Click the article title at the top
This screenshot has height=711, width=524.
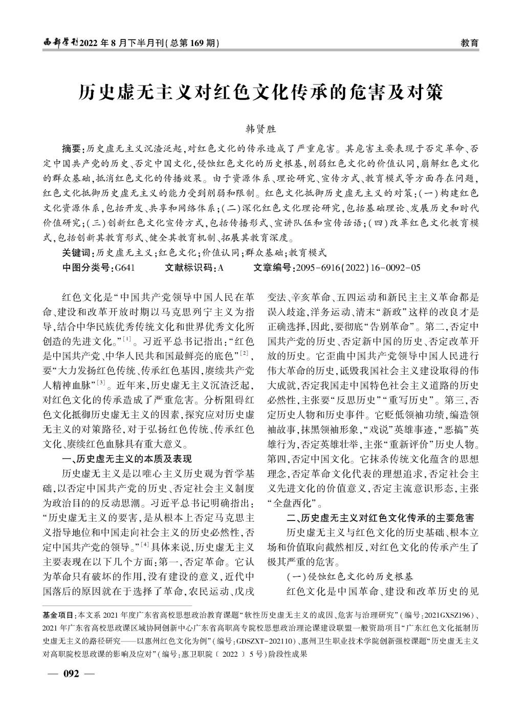pos(261,92)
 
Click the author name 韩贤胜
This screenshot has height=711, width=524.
pos(261,130)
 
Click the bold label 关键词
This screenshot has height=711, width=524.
pos(77,252)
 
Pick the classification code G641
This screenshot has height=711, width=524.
pos(125,267)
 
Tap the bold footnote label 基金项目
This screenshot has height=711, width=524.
pos(59,614)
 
